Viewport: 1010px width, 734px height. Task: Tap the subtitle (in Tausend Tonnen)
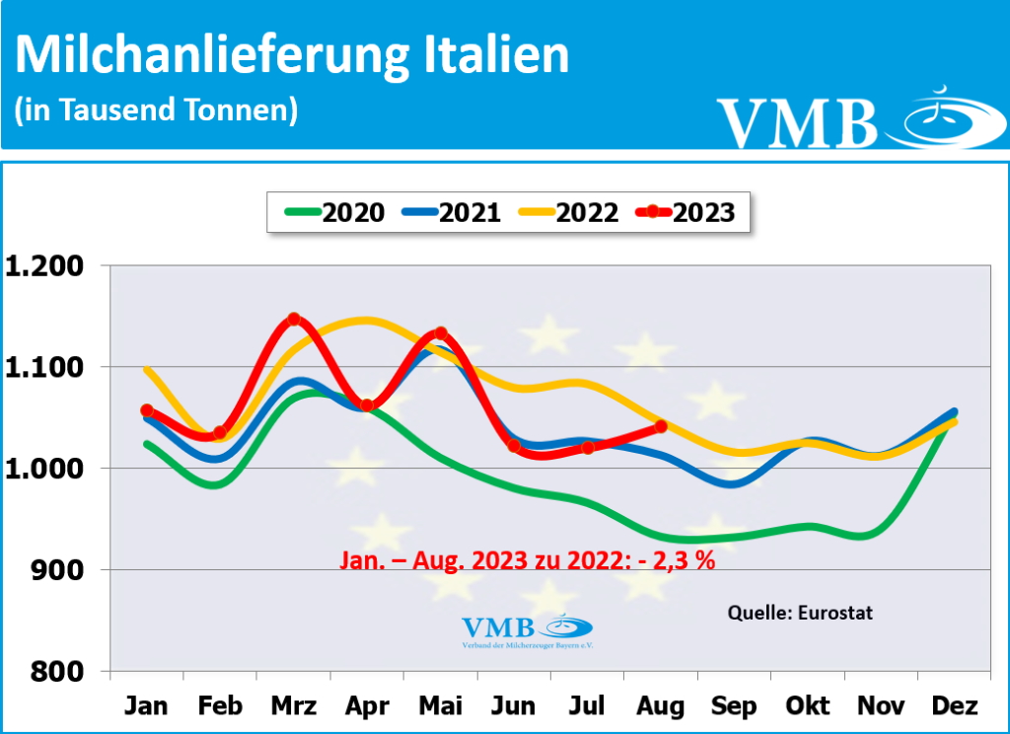tap(156, 110)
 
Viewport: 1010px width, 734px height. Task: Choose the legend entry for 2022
tap(563, 212)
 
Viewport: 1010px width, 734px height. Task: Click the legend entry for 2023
tap(685, 212)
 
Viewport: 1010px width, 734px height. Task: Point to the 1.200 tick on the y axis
tap(47, 266)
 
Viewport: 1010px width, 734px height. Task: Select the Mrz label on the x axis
tap(293, 706)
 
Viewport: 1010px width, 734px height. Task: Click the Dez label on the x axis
tap(955, 706)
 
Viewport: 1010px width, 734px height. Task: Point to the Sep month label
tap(734, 706)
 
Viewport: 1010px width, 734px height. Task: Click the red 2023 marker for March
tap(294, 320)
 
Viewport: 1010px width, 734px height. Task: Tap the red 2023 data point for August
tap(661, 426)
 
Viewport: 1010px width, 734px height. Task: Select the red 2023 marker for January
tap(147, 410)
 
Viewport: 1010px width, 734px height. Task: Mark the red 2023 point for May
tap(441, 333)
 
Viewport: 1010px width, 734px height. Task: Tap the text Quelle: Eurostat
tap(800, 613)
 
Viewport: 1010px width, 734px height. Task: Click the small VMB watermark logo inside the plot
tap(527, 629)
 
